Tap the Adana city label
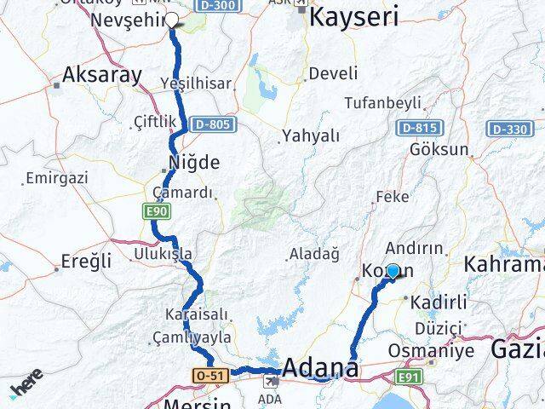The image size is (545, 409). pos(320,369)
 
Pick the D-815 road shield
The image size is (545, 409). pos(416,127)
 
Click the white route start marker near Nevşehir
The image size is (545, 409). pos(171,20)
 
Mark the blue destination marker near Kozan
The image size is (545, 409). pos(393,271)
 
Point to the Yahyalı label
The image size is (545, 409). pos(311,135)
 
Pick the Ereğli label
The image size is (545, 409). pos(86,262)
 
